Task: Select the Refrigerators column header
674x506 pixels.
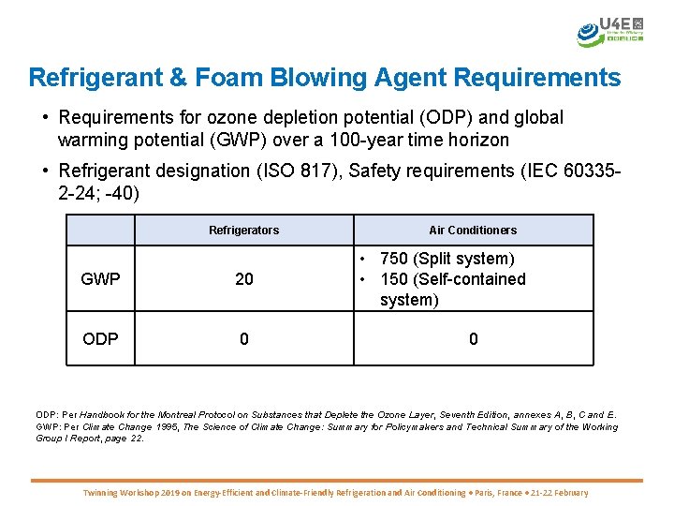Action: pos(243,230)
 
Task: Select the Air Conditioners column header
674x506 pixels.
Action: pos(473,230)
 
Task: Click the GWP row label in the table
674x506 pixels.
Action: pos(100,279)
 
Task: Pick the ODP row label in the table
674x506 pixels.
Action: pos(100,339)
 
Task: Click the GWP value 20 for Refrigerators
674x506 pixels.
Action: pos(243,279)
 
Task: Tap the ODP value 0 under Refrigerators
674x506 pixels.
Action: pos(243,339)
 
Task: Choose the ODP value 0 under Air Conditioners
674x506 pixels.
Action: pos(473,339)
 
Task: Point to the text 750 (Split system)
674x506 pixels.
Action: pos(447,259)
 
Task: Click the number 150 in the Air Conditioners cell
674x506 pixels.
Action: pos(394,279)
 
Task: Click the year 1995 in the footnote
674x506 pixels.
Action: pos(166,427)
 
